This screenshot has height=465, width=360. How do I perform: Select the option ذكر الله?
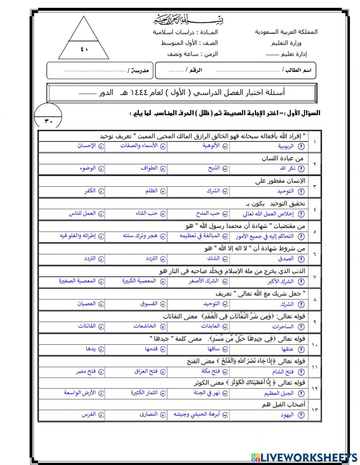[x=288, y=169]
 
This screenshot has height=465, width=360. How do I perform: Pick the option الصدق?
[x=286, y=259]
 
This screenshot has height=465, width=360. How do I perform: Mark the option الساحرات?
[x=283, y=326]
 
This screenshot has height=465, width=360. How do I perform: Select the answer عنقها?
[x=288, y=349]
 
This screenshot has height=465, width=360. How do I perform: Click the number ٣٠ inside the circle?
[x=49, y=121]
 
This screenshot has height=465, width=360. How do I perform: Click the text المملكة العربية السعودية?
[x=286, y=32]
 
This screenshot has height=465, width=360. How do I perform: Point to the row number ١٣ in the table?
[x=315, y=410]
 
